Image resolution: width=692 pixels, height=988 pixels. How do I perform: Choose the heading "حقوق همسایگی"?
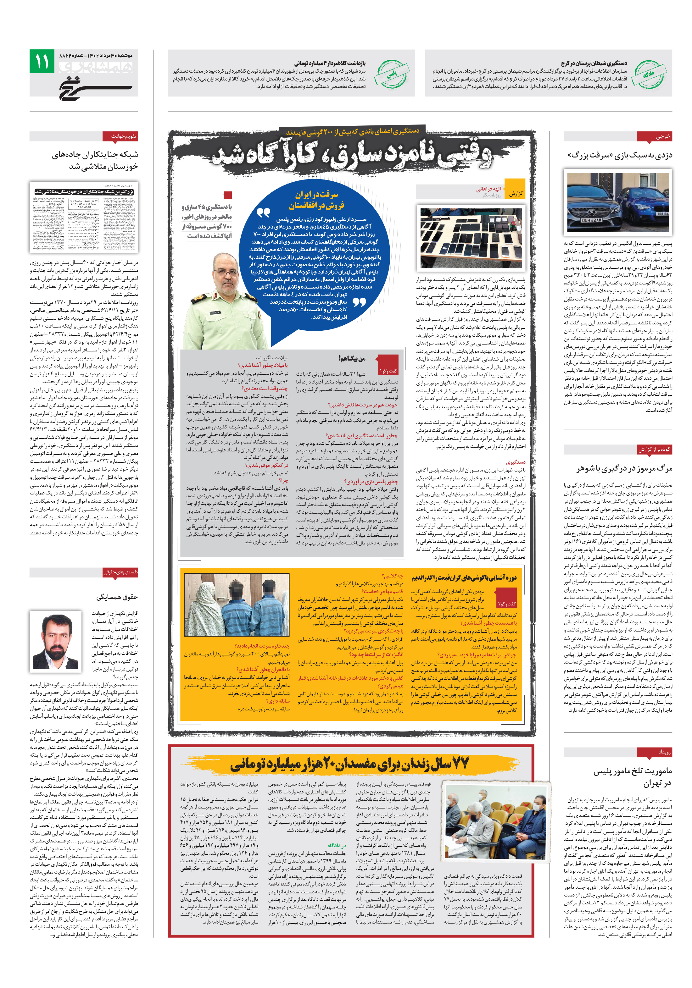coord(117,597)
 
